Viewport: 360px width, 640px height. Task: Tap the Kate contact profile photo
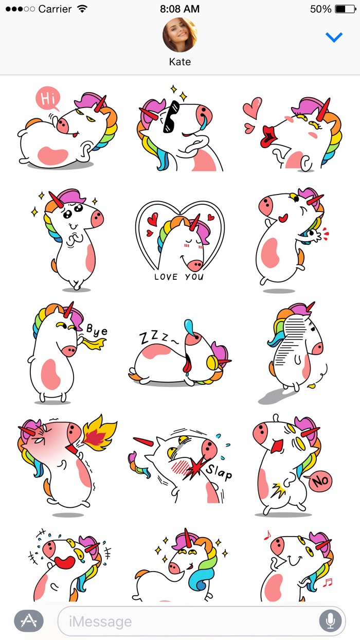coord(180,35)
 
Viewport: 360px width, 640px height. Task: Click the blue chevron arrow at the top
coord(334,37)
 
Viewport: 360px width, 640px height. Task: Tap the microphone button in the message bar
coord(330,621)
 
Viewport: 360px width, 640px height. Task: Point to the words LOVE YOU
coord(179,277)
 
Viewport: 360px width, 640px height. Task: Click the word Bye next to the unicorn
coord(96,330)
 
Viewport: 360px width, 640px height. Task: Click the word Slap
coord(219,471)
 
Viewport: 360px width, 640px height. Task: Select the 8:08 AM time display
coord(179,9)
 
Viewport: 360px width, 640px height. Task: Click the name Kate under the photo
coord(180,62)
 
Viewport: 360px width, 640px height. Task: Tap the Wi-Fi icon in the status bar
coord(82,9)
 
